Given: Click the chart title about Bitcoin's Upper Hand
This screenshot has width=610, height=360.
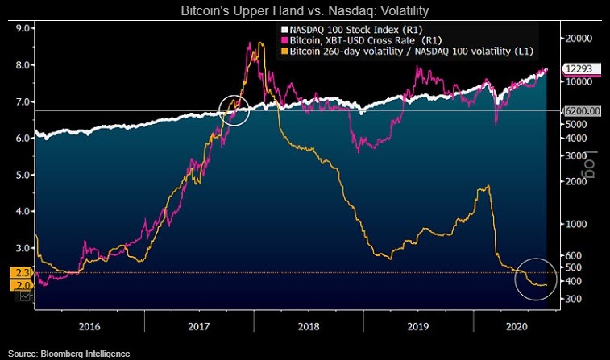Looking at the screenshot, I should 305,11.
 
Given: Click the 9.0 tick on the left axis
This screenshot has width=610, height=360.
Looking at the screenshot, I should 23,28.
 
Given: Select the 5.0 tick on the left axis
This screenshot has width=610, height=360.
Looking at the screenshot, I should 23,175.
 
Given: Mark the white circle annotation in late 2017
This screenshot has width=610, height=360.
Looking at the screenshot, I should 234,109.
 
